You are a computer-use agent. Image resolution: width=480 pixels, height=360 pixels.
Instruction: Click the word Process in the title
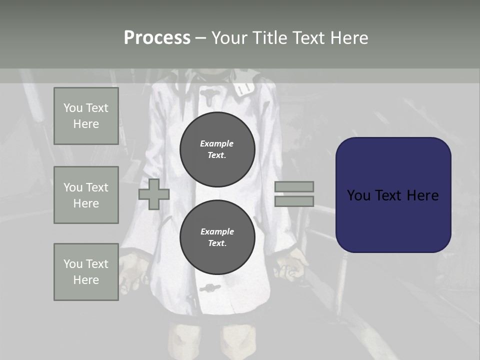tap(157, 38)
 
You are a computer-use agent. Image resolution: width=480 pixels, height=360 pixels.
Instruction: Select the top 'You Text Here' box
tap(86, 116)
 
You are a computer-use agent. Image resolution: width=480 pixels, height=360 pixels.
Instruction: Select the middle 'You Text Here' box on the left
tap(86, 195)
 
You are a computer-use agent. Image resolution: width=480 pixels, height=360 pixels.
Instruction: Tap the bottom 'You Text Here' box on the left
tap(86, 272)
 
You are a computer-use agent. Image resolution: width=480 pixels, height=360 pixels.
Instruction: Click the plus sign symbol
tap(154, 194)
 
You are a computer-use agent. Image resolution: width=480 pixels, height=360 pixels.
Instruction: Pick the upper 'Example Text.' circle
tap(217, 149)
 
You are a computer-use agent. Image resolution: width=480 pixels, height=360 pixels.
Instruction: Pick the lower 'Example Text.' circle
tap(217, 237)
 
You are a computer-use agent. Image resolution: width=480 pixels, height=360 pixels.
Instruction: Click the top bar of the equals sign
tap(294, 186)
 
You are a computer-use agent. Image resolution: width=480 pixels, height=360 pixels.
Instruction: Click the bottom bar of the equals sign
tap(294, 201)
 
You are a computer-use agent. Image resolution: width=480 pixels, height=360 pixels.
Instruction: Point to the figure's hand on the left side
tap(134, 270)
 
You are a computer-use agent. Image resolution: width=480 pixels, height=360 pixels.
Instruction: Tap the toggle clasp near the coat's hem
tap(210, 288)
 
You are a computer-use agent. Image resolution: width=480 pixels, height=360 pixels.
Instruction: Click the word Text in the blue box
tap(393, 195)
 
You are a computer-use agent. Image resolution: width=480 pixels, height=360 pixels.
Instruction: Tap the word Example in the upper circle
tap(217, 143)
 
